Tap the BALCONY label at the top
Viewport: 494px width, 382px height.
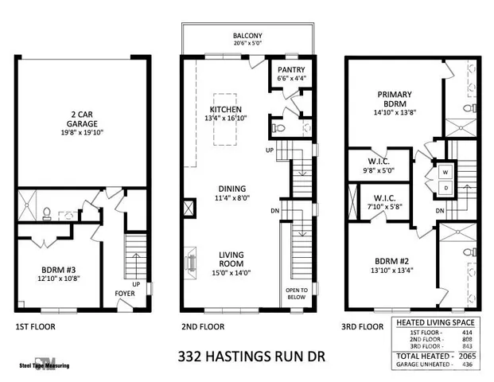pos(247,37)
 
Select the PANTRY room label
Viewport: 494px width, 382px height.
pos(284,69)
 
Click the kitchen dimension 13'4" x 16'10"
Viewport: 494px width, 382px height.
pos(225,119)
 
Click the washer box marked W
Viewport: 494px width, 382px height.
pos(445,171)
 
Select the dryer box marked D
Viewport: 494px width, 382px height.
pos(445,187)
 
